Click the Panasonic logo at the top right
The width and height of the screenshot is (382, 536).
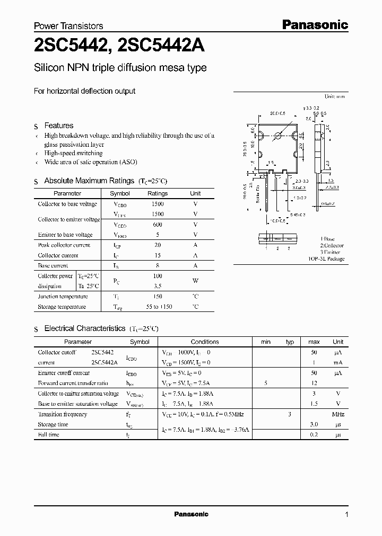314,24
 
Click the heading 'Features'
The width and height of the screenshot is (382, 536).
58,126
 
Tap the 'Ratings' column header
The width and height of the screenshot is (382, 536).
158,194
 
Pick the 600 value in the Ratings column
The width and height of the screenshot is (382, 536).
158,224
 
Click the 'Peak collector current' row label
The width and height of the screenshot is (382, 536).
64,245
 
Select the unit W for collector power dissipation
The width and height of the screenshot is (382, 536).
195,281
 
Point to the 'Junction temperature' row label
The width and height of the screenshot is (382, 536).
63,297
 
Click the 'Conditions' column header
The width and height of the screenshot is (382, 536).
205,342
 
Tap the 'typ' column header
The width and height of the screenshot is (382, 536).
290,342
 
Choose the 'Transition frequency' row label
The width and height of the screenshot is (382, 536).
62,414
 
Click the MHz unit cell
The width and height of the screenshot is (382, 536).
337,414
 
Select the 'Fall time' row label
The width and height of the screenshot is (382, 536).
49,435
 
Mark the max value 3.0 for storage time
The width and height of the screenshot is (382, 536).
314,425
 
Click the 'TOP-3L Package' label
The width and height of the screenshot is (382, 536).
326,259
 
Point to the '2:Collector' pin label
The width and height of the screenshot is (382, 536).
332,246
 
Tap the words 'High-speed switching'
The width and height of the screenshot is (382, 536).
74,153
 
